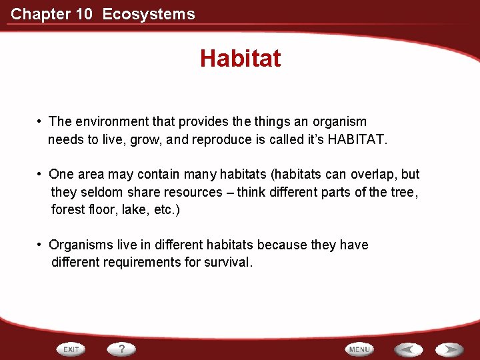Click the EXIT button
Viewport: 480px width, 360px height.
point(72,349)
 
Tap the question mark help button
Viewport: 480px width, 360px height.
point(122,349)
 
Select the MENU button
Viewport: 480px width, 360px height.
point(359,349)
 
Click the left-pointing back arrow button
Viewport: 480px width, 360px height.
point(407,349)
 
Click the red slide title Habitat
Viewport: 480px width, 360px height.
point(240,59)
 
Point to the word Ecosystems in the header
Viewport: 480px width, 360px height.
point(149,14)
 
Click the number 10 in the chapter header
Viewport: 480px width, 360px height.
point(84,14)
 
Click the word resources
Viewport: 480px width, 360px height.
point(194,192)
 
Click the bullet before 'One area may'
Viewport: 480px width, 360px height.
point(41,175)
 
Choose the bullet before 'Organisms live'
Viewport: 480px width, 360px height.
point(41,245)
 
